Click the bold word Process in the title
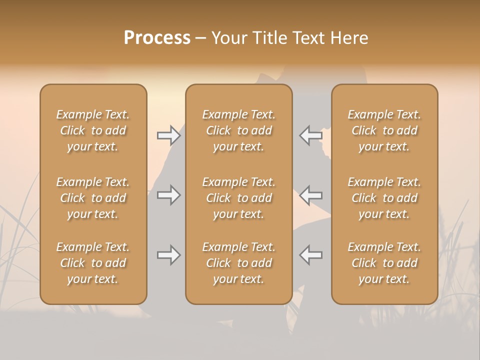pyautogui.click(x=157, y=38)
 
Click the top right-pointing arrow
pyautogui.click(x=168, y=135)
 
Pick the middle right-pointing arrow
pyautogui.click(x=168, y=195)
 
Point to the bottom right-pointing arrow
pyautogui.click(x=168, y=255)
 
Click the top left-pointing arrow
pyautogui.click(x=311, y=135)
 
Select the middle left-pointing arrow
pyautogui.click(x=311, y=194)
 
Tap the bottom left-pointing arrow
pyautogui.click(x=311, y=254)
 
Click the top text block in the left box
pyautogui.click(x=93, y=130)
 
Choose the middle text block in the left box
pyautogui.click(x=93, y=198)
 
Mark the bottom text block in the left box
pyautogui.click(x=93, y=263)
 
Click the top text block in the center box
pyautogui.click(x=238, y=130)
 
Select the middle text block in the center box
pyautogui.click(x=238, y=198)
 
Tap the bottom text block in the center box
pyautogui.click(x=238, y=263)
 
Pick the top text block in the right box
pyautogui.click(x=384, y=130)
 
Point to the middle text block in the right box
pyautogui.click(x=384, y=198)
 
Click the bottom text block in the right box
pyautogui.click(x=384, y=263)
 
